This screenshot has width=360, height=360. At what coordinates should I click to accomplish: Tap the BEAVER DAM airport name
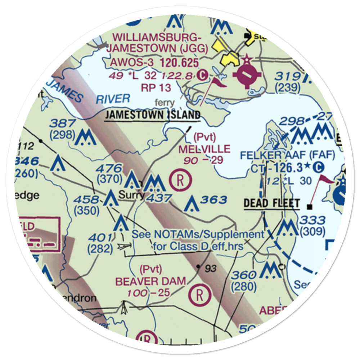point(150,281)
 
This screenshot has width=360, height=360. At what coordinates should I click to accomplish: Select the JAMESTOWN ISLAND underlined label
point(153,115)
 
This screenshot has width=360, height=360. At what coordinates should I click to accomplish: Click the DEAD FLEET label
point(271,203)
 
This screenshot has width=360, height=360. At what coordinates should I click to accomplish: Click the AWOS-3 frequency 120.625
point(179,63)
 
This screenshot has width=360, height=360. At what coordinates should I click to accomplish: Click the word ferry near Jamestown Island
point(164,103)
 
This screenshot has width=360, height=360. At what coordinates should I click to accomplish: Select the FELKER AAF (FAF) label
point(287,156)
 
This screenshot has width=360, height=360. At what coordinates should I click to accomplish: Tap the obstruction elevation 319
point(288,76)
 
